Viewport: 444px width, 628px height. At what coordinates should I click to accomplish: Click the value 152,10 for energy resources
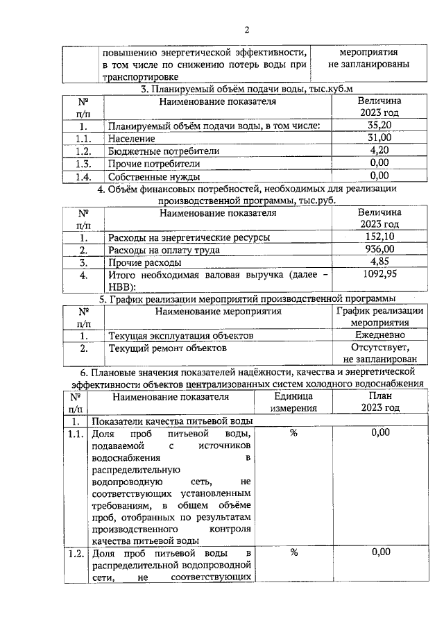click(379, 237)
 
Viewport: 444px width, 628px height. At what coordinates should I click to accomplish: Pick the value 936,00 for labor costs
click(379, 250)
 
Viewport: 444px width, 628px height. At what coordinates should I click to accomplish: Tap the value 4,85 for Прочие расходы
click(379, 262)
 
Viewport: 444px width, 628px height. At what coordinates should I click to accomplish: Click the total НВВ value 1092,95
click(379, 275)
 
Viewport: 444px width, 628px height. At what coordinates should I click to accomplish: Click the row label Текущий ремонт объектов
click(168, 348)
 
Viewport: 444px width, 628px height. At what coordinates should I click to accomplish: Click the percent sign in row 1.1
click(293, 433)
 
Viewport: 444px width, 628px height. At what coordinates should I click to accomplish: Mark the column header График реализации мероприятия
click(379, 316)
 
